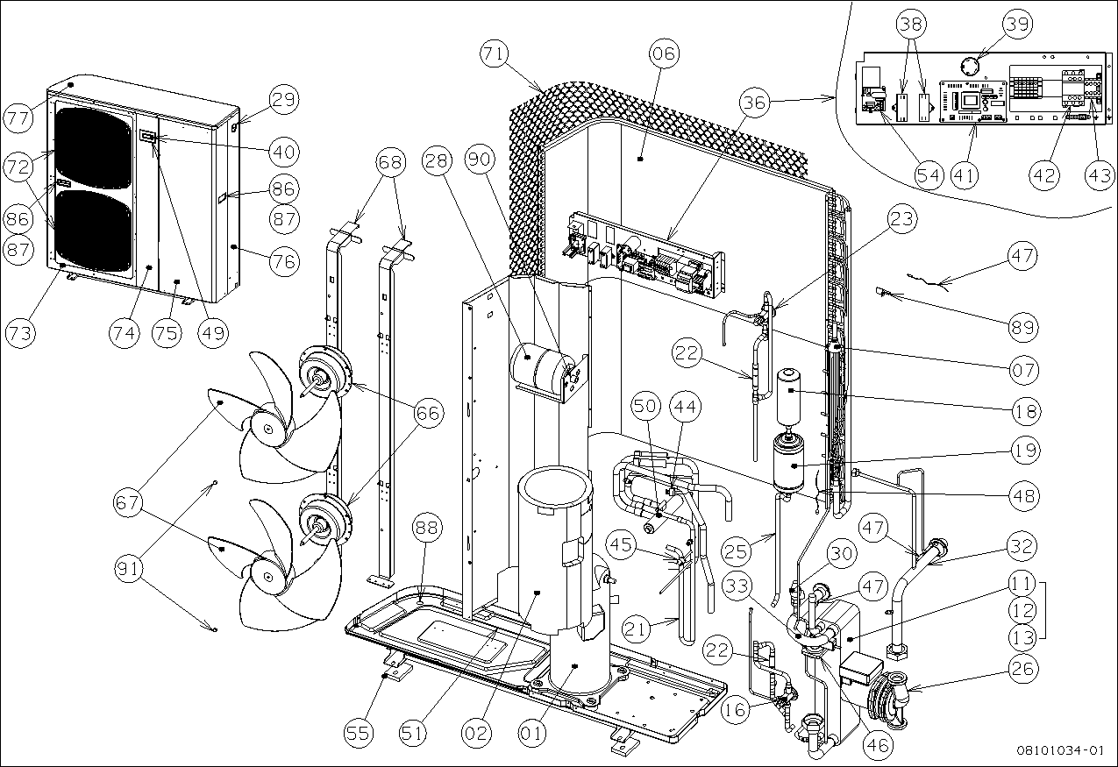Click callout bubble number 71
click(495, 53)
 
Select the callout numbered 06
click(664, 53)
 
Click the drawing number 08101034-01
click(1059, 751)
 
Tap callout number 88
click(429, 527)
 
